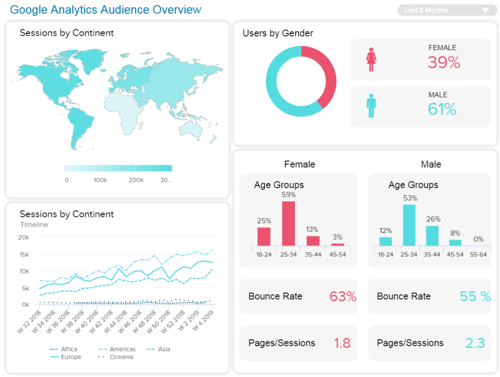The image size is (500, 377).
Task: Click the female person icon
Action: pos(371,59)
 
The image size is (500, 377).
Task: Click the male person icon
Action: pos(371,105)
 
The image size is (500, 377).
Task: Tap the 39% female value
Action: pos(443,63)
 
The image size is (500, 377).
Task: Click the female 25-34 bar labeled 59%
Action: pos(288,223)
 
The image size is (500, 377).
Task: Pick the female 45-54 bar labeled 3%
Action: pos(337,244)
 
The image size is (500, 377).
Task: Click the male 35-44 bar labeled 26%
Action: pos(433,236)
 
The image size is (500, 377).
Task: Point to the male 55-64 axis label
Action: pos(479,255)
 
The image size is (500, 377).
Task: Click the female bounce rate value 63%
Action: pos(342,296)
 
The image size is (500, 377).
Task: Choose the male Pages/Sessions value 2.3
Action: pos(475,343)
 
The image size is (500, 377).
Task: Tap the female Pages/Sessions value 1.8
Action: pos(342,343)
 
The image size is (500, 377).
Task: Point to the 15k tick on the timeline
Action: pos(24,255)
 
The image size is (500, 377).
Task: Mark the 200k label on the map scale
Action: pos(135,180)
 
